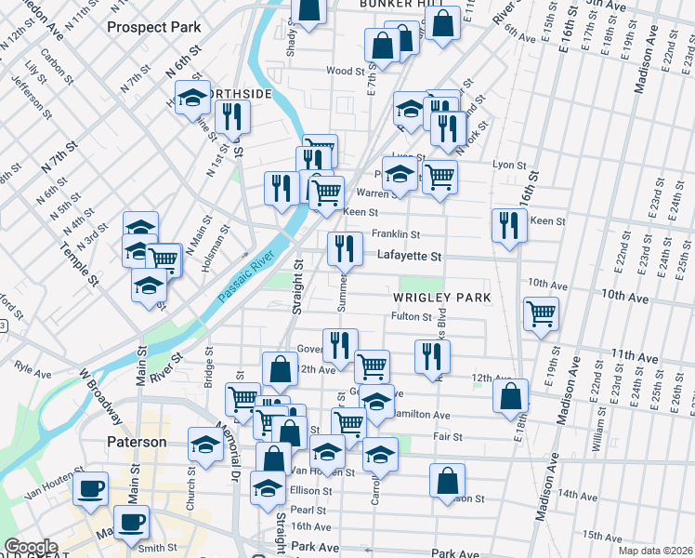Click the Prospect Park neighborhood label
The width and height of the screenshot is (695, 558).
click(154, 27)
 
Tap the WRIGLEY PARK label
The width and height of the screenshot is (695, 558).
click(440, 297)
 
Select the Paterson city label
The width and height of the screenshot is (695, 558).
click(136, 442)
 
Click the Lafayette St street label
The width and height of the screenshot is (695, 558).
click(408, 255)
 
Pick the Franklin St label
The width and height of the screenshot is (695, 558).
click(396, 234)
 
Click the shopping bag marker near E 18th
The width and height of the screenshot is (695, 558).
click(511, 396)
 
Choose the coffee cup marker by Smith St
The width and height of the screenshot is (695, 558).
click(131, 523)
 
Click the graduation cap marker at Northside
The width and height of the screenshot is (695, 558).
click(192, 98)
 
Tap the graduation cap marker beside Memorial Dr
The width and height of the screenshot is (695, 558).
click(205, 445)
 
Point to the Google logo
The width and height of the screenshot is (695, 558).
click(31, 547)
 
